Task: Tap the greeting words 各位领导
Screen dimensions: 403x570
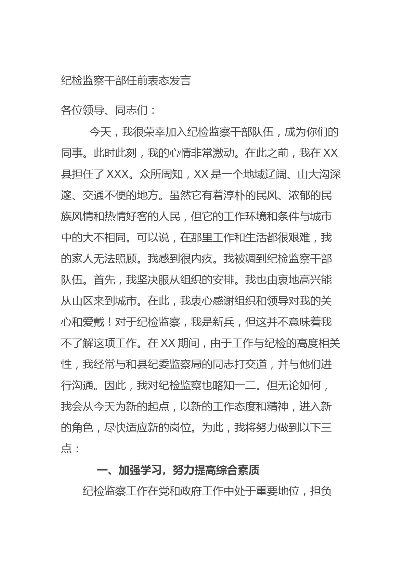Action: click(x=82, y=110)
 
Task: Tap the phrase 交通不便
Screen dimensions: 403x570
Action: click(x=104, y=196)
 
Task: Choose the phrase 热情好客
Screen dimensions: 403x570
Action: click(x=136, y=217)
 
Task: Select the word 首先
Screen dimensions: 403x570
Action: click(x=104, y=280)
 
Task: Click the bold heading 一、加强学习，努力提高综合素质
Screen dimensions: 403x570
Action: click(x=178, y=471)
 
